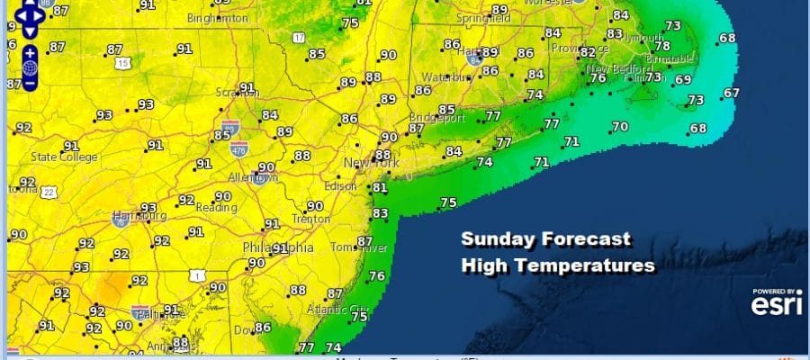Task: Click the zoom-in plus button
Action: pos(30,52)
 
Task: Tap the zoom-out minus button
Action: pos(30,83)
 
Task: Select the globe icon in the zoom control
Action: pos(30,67)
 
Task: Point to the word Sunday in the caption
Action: pos(497,240)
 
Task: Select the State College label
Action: pos(64,157)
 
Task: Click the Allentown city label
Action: pos(253,178)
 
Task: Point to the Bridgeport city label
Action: pos(438,118)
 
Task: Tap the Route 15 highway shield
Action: pos(123,62)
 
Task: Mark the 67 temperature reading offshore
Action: pos(731,93)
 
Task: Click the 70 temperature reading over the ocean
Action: pos(620,127)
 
